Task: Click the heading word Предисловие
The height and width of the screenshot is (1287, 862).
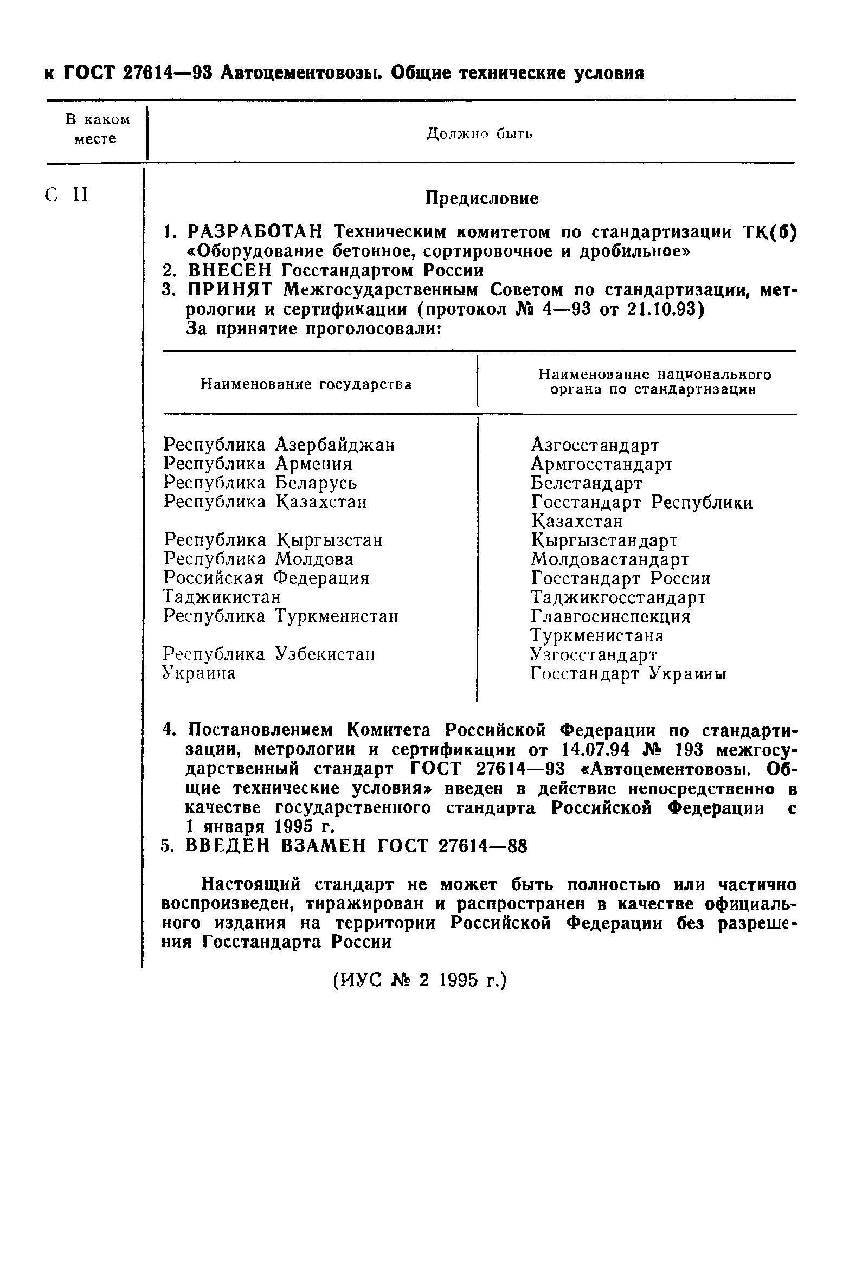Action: [x=481, y=198]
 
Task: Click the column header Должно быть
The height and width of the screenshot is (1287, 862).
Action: [x=479, y=133]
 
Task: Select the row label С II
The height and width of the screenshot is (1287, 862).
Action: [x=67, y=195]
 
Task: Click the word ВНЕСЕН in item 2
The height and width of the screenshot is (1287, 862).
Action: [x=230, y=271]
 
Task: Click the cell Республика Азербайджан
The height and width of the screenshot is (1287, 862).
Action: [x=279, y=444]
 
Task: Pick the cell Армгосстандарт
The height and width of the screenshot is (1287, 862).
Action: [x=601, y=464]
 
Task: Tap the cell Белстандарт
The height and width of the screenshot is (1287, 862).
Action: [x=586, y=483]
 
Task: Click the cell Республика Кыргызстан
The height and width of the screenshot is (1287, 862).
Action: [x=273, y=540]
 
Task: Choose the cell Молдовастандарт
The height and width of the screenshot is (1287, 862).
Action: [x=609, y=559]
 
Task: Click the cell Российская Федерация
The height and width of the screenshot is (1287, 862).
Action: [x=267, y=578]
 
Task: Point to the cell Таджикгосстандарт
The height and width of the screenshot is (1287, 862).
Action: [x=618, y=597]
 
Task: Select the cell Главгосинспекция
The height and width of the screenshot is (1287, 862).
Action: [x=610, y=616]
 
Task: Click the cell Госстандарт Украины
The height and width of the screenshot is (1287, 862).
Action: [x=628, y=673]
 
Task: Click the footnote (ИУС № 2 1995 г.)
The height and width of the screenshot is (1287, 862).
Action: [x=420, y=980]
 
